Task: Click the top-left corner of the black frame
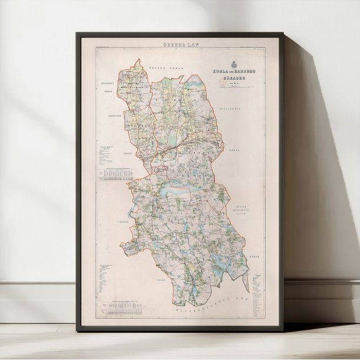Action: pos(77,33)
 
